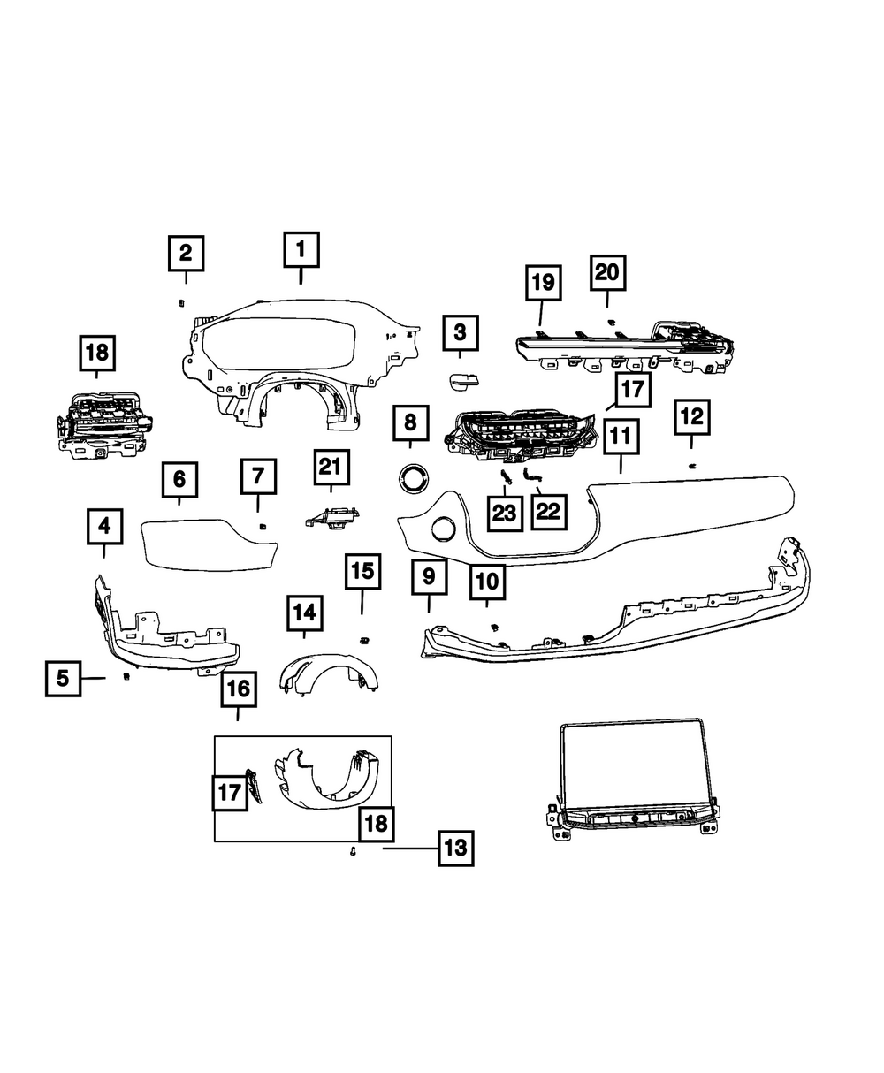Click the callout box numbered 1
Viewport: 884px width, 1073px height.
pos(301,249)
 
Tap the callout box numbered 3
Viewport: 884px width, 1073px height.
pos(460,333)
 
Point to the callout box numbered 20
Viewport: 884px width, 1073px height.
pos(607,273)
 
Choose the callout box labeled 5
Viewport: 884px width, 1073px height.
pos(63,678)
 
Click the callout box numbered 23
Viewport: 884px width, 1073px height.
pos(504,513)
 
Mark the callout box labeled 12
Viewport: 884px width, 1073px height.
pos(691,416)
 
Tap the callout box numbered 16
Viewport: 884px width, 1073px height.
pos(239,689)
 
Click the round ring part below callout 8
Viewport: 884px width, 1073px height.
pos(411,478)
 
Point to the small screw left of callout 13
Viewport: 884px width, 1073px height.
pos(353,851)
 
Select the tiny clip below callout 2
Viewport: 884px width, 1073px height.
pos(181,301)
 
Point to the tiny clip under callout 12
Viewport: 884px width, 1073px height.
pos(692,465)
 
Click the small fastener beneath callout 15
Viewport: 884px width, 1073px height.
pos(362,638)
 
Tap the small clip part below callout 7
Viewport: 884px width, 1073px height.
pos(262,526)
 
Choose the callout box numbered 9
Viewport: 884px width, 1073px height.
pos(429,577)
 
